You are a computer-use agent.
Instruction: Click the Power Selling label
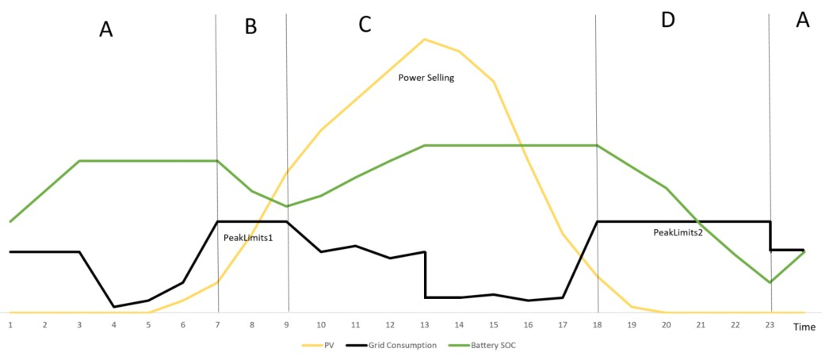[426, 78]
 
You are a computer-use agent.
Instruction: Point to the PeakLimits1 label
[248, 236]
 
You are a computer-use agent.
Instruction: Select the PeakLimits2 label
[678, 232]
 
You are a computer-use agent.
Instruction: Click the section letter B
[250, 26]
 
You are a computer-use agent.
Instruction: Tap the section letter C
[365, 25]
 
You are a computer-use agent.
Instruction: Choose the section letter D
[667, 21]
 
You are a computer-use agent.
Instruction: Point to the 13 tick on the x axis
[425, 325]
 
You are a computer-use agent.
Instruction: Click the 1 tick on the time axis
[10, 325]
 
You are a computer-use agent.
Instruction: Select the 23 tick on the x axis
[770, 325]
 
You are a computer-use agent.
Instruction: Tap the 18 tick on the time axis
[598, 325]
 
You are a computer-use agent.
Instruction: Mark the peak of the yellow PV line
[426, 39]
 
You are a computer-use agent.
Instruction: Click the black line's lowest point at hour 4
[114, 307]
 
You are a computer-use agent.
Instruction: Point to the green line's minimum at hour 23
[770, 282]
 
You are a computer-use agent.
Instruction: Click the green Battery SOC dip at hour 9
[287, 206]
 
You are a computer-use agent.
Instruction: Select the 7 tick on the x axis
[217, 325]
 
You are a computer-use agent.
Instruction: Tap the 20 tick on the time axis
[667, 325]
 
